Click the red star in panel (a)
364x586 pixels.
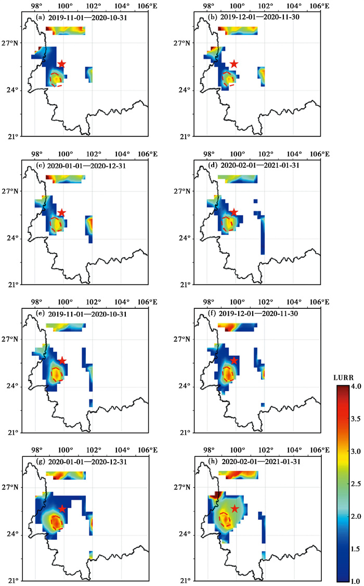[x=61, y=64]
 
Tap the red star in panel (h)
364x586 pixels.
[x=234, y=508]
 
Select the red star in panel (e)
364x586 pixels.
[x=62, y=360]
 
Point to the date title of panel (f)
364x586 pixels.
[x=258, y=314]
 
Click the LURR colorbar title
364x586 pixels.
[x=343, y=378]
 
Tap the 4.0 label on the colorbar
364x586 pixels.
[x=356, y=386]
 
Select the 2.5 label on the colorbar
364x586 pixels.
[x=356, y=483]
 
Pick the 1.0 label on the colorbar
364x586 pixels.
[x=356, y=581]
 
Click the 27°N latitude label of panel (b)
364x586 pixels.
[x=182, y=43]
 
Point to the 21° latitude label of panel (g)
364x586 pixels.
[x=13, y=580]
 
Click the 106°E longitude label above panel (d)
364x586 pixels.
[x=320, y=154]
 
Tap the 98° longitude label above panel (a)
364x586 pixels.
[x=36, y=6]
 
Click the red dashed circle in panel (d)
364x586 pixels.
[x=222, y=223]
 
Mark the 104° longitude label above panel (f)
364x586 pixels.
[x=294, y=302]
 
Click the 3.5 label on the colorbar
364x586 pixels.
[x=356, y=419]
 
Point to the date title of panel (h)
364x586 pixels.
[x=261, y=462]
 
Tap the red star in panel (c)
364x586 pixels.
[x=61, y=213]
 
